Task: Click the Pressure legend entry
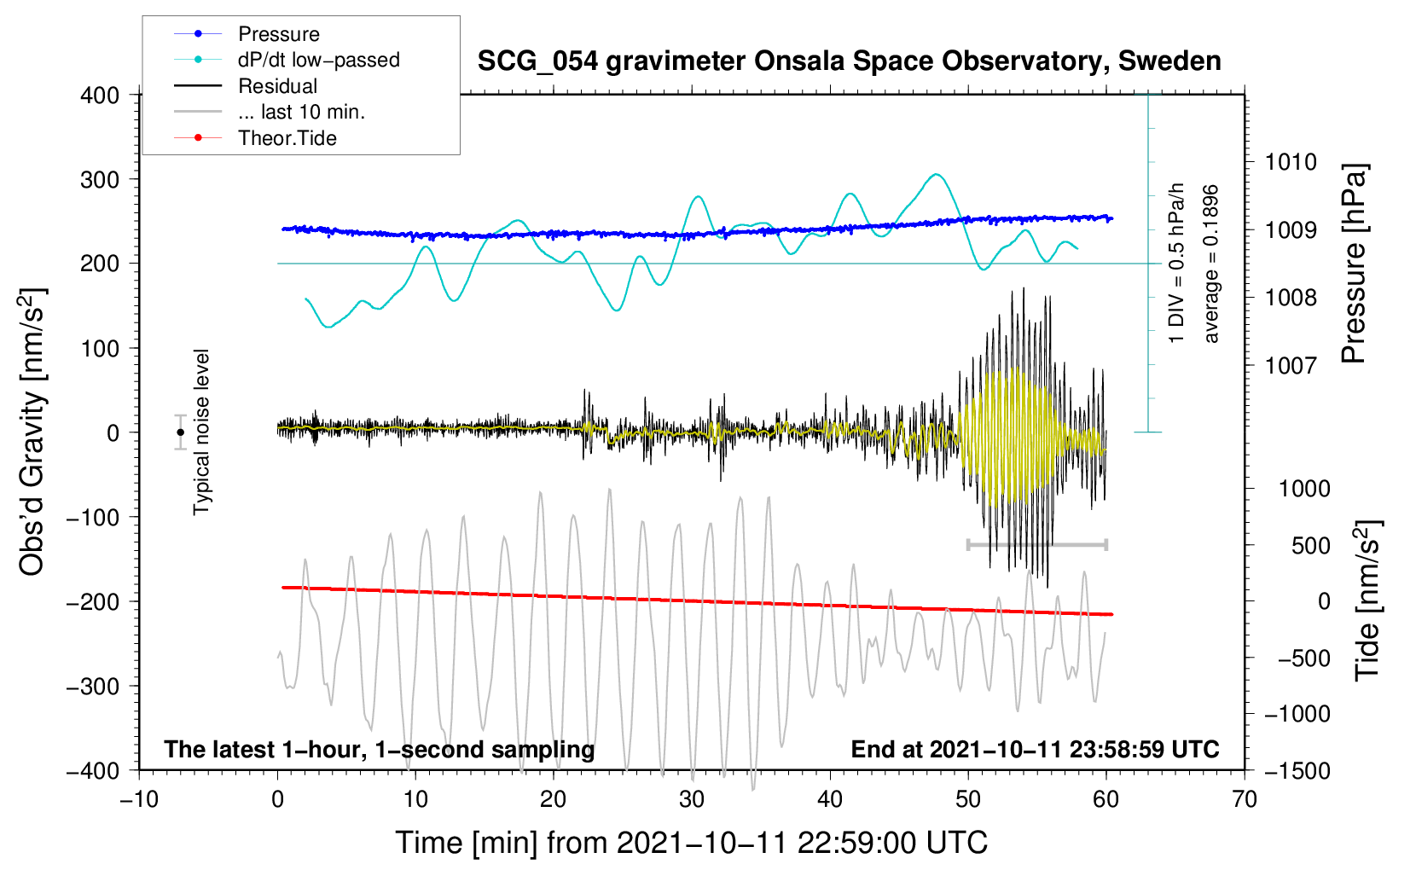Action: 278,34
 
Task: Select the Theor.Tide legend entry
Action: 287,138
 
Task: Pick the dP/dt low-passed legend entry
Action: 318,60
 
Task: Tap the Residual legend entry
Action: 277,86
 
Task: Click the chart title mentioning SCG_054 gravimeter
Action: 849,61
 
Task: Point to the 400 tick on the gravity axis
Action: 100,96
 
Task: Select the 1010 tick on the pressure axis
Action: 1291,162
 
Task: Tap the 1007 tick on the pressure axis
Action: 1291,366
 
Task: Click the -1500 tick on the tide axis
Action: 1297,771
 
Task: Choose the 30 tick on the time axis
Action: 692,799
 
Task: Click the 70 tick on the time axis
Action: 1245,799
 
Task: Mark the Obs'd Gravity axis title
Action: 32,432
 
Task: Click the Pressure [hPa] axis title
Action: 1354,264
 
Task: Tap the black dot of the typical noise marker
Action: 180,432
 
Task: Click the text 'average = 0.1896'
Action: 1211,264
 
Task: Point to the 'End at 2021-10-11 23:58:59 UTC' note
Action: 1035,749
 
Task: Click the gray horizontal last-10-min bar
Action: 1036,544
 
